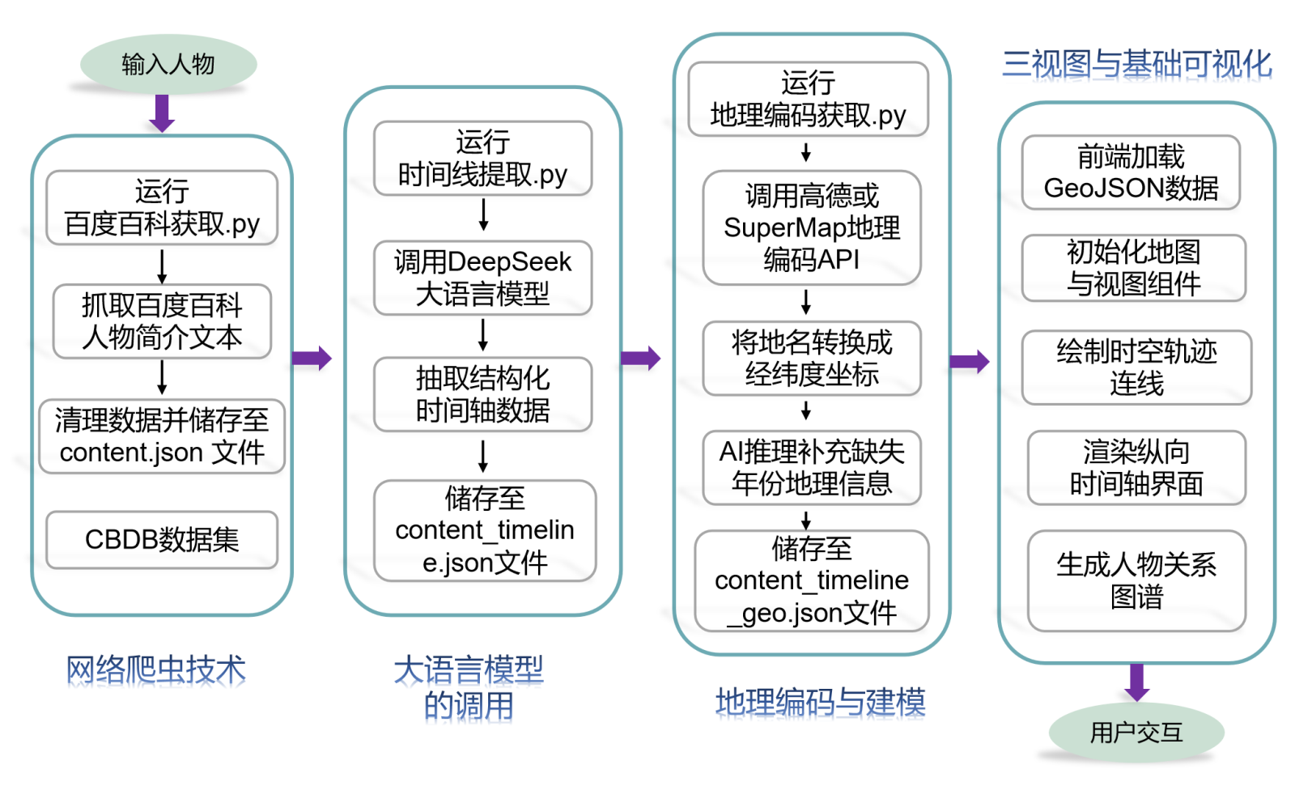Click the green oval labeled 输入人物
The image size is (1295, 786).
pos(168,64)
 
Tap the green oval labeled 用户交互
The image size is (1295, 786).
pos(1136,733)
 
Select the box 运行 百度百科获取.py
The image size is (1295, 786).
pos(162,208)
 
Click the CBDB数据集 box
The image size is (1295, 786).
pos(162,539)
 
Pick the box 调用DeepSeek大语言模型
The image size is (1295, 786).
pos(482,278)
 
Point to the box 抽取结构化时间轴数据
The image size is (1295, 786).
pos(482,394)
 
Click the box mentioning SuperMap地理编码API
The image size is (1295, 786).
pos(812,227)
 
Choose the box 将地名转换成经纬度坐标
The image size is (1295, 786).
pos(812,359)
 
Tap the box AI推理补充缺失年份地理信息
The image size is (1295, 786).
pos(812,468)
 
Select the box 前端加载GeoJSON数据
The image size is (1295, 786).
pos(1131,172)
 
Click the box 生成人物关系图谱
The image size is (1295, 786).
pos(1136,580)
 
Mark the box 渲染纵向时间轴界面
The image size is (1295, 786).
pos(1136,468)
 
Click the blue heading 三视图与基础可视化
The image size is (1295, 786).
pos(1136,64)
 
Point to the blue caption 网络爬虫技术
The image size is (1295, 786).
pos(155,670)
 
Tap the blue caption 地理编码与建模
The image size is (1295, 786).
pos(820,702)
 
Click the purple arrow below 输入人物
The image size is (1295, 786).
pos(162,113)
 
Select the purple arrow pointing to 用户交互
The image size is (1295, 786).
pos(1136,682)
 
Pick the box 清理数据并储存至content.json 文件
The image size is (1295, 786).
pos(162,436)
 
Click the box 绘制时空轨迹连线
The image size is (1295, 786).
pos(1136,368)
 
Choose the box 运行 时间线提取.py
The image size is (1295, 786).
pos(482,159)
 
